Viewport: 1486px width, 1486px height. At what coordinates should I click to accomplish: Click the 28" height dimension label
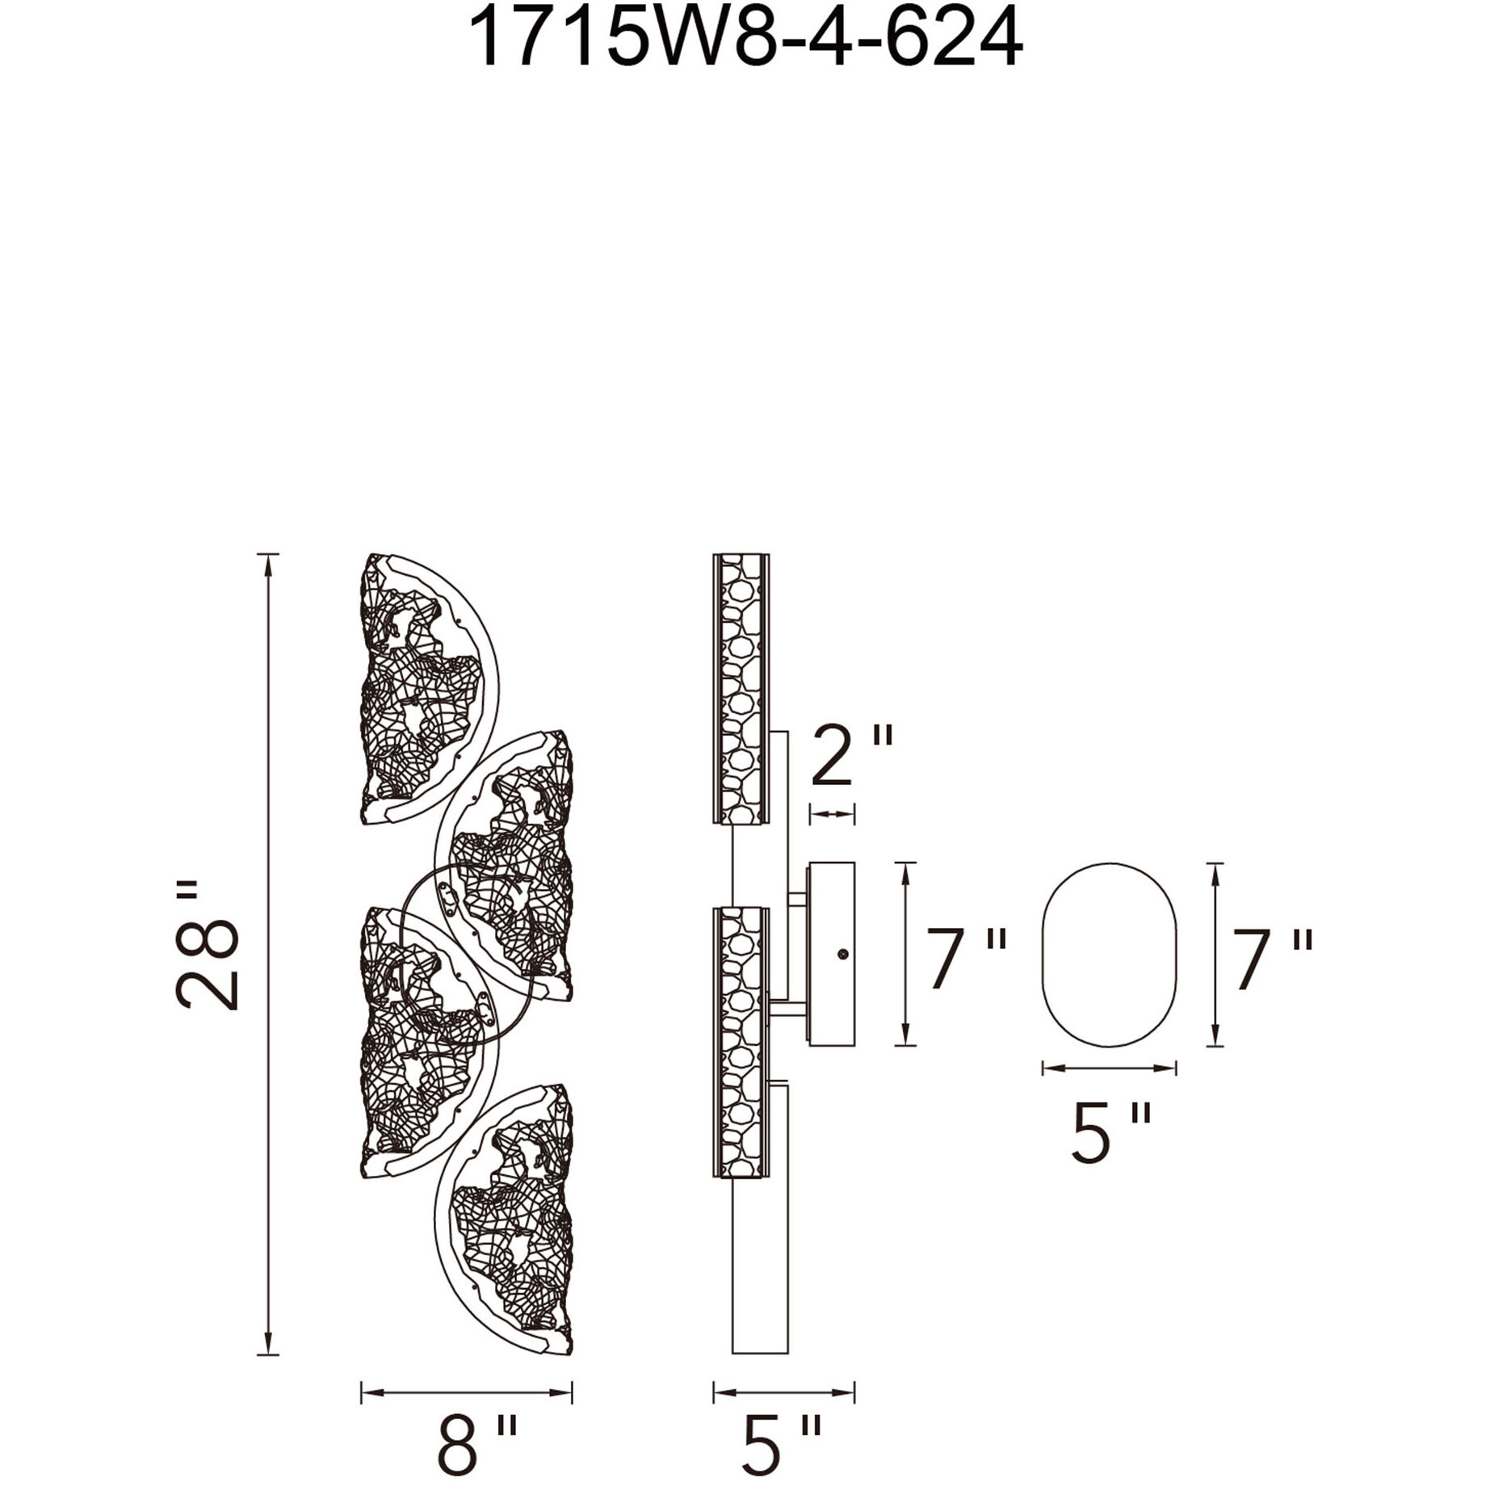point(207,945)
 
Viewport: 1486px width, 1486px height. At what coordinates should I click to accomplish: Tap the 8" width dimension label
point(476,1443)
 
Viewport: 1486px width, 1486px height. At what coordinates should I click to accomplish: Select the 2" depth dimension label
point(852,755)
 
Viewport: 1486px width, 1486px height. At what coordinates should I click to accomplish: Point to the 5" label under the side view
point(781,1443)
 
